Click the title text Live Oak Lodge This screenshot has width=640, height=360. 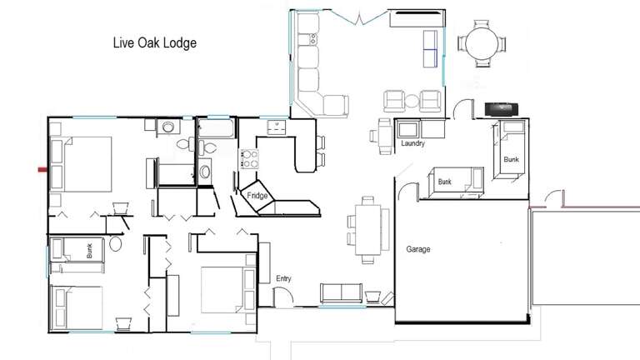[x=154, y=42]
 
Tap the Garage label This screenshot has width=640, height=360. [x=417, y=249]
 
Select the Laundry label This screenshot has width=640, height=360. [x=413, y=143]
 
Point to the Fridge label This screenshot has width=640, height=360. [x=257, y=195]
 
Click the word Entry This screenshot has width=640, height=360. [x=283, y=278]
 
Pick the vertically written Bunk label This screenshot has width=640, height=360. [x=89, y=249]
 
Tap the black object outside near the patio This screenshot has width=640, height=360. [x=502, y=107]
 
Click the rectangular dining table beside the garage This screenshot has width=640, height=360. [x=368, y=225]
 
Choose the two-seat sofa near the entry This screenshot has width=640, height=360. [x=340, y=293]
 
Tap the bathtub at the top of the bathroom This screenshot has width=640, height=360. [x=216, y=127]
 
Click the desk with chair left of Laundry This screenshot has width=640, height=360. [x=383, y=136]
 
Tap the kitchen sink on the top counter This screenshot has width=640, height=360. [x=276, y=127]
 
